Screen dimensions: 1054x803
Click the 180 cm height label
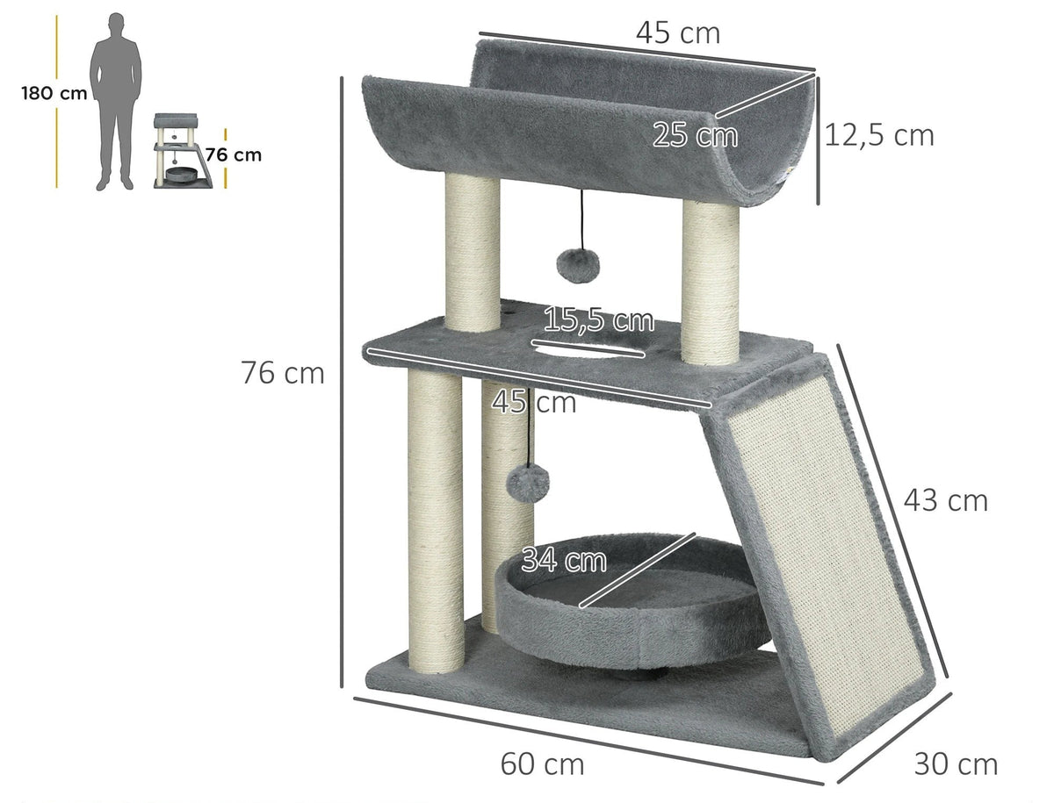(54, 93)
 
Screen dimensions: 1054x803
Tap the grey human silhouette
(116, 101)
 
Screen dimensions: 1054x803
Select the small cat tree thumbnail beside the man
(183, 151)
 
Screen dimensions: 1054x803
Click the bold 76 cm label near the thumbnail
(234, 155)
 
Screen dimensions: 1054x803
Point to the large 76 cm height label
(282, 373)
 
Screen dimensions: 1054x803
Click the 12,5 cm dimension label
(879, 135)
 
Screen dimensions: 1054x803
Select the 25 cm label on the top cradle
(695, 135)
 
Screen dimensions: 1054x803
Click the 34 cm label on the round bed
(564, 559)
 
